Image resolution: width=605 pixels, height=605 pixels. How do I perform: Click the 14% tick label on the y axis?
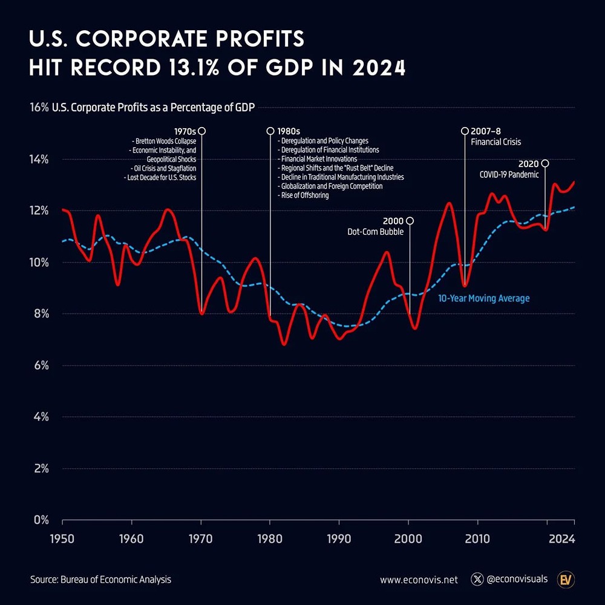tap(38, 160)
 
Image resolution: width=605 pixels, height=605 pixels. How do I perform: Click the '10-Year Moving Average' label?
tap(483, 298)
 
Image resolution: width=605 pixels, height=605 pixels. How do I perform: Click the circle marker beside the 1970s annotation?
tap(201, 131)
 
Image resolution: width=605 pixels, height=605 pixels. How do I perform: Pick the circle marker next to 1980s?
tap(270, 131)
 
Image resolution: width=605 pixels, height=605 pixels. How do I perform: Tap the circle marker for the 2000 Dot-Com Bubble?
tap(410, 221)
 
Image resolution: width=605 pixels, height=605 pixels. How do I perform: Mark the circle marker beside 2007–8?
tap(465, 131)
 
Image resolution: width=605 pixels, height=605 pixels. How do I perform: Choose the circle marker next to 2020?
tap(545, 163)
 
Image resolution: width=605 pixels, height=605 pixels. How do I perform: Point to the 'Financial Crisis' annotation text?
tap(496, 142)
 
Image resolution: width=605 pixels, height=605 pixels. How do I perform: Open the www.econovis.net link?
tap(419, 580)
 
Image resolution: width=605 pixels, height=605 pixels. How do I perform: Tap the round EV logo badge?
tap(566, 580)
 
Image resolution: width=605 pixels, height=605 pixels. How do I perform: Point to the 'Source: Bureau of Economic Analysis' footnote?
tap(100, 580)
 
